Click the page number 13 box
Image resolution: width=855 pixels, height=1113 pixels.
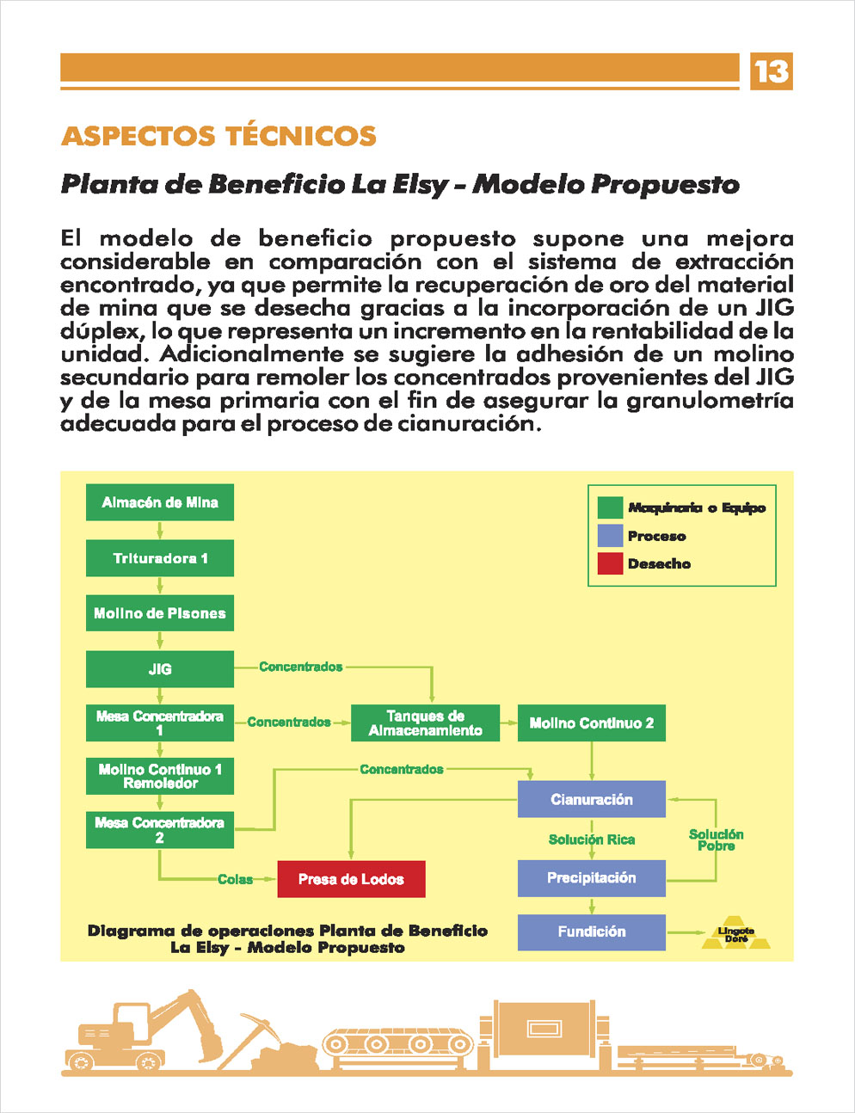tap(771, 71)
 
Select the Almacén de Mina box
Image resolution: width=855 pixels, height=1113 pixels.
tap(160, 502)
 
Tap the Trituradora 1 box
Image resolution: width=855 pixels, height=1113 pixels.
tap(160, 557)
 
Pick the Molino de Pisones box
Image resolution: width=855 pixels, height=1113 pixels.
tap(160, 613)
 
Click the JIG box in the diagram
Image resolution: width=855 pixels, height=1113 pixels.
tap(160, 669)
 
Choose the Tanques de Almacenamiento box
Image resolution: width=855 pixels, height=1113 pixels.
tap(425, 723)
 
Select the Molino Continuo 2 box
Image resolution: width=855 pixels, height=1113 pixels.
tap(591, 723)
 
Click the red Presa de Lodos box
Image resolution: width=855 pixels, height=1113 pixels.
tap(351, 879)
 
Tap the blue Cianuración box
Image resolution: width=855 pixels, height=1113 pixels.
tap(591, 799)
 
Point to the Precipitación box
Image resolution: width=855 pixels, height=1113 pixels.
tap(591, 878)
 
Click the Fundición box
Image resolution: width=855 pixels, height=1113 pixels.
tap(591, 932)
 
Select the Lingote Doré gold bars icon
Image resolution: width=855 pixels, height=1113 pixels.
tap(735, 933)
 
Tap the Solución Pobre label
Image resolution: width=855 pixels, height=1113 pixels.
tap(716, 840)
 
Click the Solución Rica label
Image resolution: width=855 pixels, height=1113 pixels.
tap(591, 839)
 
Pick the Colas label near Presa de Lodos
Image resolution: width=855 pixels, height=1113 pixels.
tap(235, 879)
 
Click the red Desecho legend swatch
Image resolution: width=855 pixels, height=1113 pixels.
tap(610, 563)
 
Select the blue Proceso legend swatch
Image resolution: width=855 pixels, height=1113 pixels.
tap(610, 536)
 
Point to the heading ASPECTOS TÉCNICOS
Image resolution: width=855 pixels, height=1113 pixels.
tap(218, 136)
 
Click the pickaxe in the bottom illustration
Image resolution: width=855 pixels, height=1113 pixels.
tap(251, 1038)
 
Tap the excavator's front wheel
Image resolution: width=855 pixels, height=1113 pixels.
tap(148, 1062)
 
